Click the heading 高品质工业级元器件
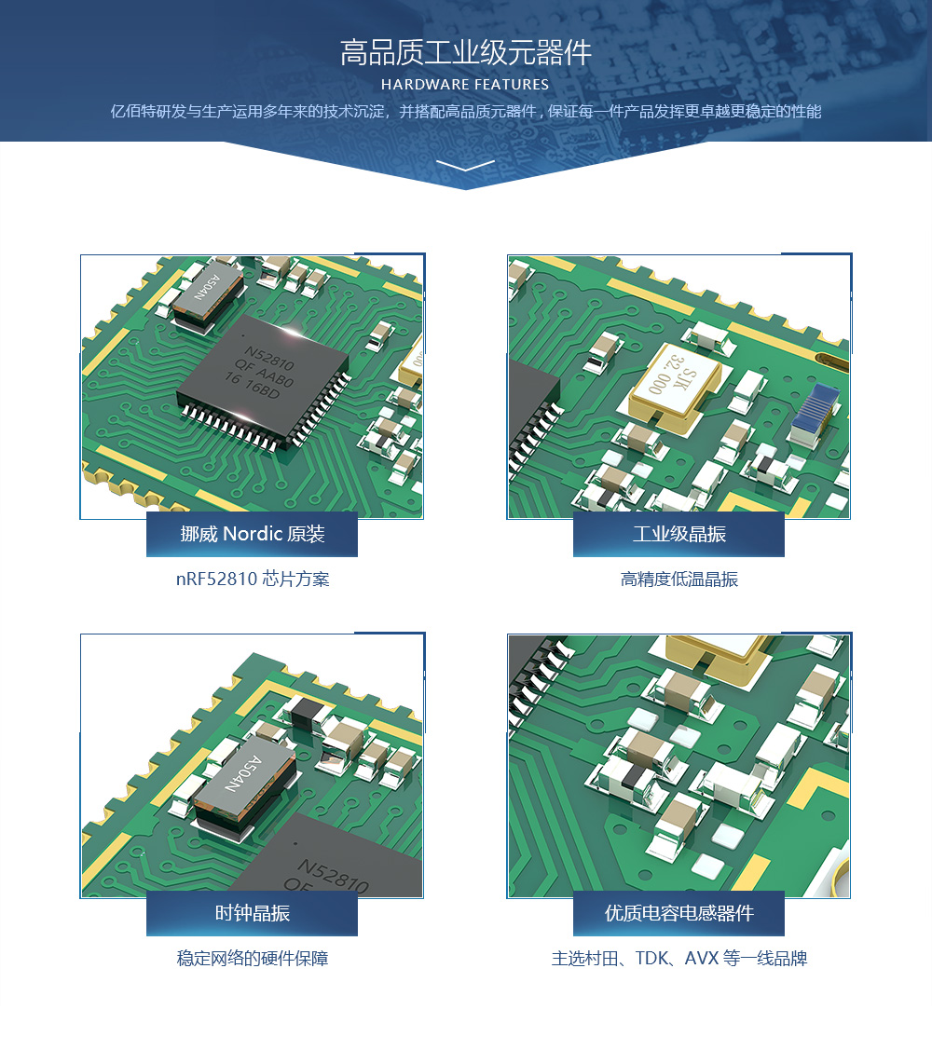click(x=466, y=53)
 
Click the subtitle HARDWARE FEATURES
click(x=465, y=85)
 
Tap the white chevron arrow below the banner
click(x=466, y=165)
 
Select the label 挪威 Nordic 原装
click(x=253, y=534)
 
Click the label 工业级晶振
click(x=678, y=534)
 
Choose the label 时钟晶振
click(x=253, y=913)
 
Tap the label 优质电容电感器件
click(x=678, y=913)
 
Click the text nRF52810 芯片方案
click(x=253, y=579)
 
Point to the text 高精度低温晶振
click(x=678, y=579)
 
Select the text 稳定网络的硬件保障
click(x=253, y=958)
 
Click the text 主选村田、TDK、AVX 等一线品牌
click(x=678, y=958)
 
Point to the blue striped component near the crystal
click(x=815, y=414)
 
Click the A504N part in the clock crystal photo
click(x=244, y=781)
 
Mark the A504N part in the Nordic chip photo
click(x=207, y=295)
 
